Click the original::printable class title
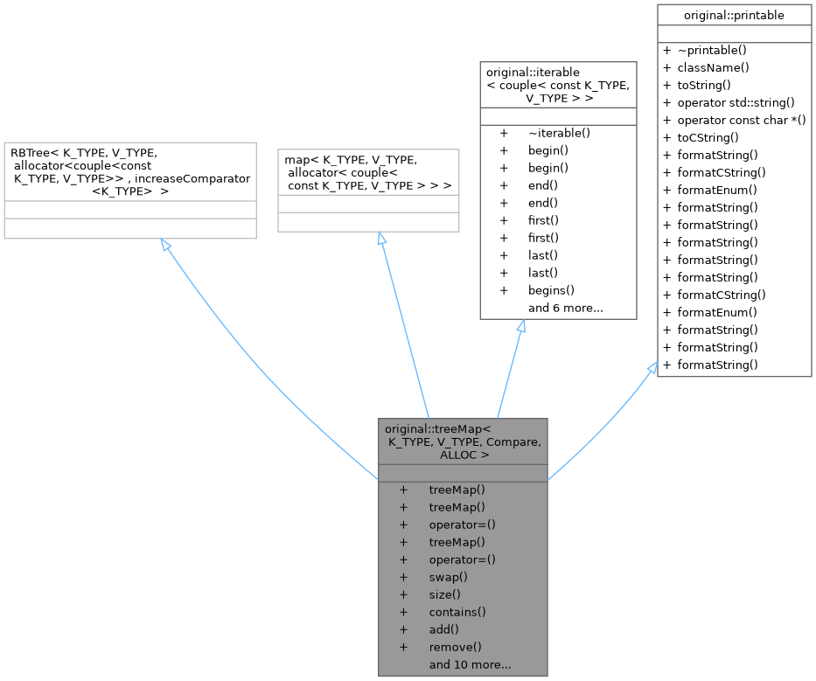tap(734, 15)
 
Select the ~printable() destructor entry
tap(713, 50)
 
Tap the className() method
tap(713, 67)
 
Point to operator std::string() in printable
tap(736, 102)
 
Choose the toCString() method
tap(708, 137)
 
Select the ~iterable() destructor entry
tap(559, 133)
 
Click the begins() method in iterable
tap(551, 290)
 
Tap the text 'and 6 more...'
tap(565, 308)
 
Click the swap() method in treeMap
tap(449, 577)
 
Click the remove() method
tap(455, 647)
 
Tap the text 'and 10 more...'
tap(470, 664)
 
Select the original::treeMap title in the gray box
tap(437, 428)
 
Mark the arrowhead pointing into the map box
tap(380, 239)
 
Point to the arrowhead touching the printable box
tap(652, 369)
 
